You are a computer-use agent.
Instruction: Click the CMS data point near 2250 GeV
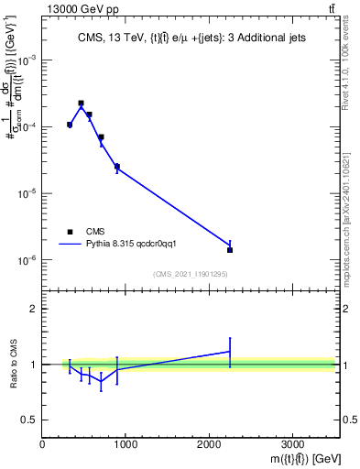[x=230, y=250]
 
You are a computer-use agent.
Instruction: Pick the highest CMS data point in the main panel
[x=81, y=104]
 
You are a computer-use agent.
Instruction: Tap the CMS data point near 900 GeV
[x=117, y=167]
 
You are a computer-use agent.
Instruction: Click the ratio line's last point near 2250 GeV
[x=230, y=351]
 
